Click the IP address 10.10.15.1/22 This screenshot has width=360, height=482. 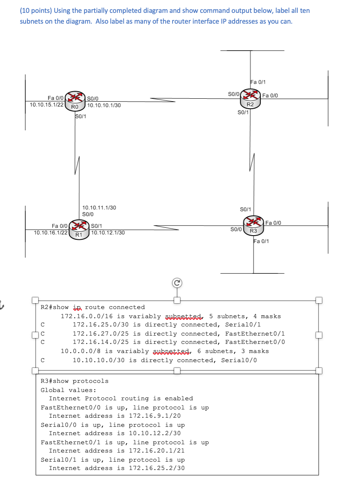click(x=47, y=105)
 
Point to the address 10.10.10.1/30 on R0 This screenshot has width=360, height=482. click(x=104, y=105)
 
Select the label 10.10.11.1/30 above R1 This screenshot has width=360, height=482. click(x=100, y=207)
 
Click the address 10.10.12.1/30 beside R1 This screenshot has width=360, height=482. click(x=108, y=233)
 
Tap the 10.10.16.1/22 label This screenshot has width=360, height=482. click(x=51, y=232)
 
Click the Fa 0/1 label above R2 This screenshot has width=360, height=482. click(x=258, y=82)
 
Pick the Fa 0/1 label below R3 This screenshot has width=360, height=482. click(x=261, y=241)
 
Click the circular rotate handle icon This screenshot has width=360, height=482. click(x=177, y=283)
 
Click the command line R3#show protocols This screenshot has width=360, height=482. click(x=75, y=381)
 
